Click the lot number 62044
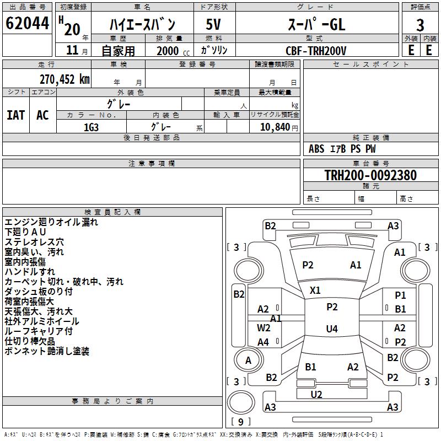27,23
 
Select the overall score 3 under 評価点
420,25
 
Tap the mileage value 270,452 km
64,79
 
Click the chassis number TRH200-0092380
370,175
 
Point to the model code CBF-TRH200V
316,51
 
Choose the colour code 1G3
91,127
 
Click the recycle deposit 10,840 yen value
279,127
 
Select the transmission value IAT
16,115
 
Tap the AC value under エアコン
43,115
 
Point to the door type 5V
213,24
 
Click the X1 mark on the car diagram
315,291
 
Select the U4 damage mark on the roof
332,329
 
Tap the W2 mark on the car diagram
263,328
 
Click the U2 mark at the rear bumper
316,395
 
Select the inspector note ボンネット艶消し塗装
47,351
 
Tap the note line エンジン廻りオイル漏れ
51,222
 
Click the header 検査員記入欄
112,212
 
